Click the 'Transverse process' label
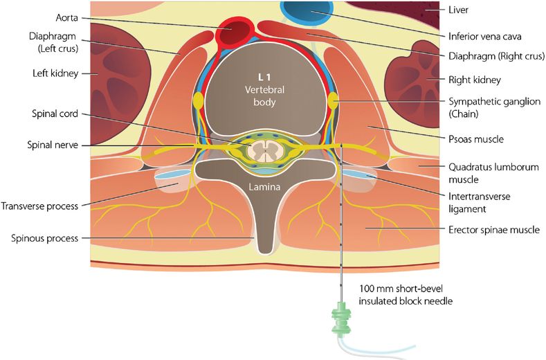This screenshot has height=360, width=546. [x=39, y=206]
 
